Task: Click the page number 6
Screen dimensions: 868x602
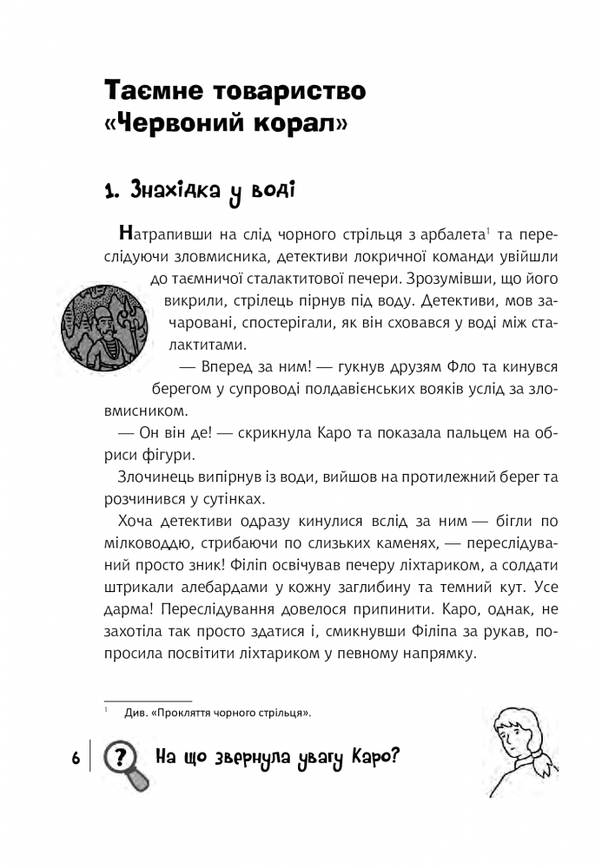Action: point(76,757)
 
